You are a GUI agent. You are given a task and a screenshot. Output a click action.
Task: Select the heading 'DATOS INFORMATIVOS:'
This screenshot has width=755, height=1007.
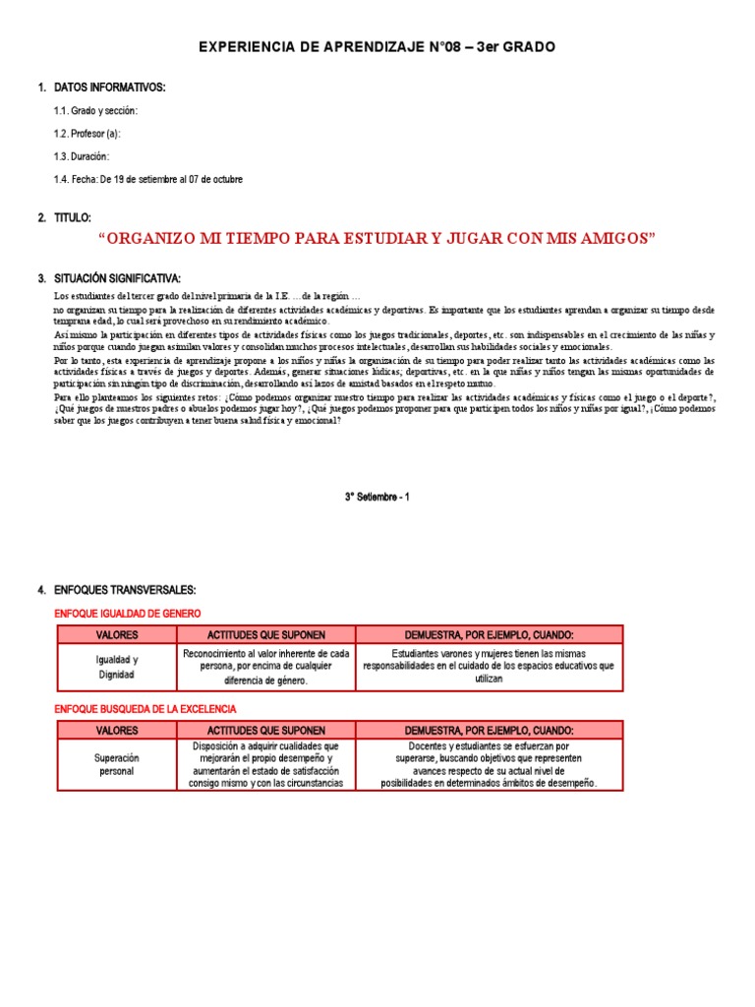109,88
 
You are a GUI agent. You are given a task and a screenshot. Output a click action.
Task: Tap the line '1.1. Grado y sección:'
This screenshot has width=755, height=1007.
95,110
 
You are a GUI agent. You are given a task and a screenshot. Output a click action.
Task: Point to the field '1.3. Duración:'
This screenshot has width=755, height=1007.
82,156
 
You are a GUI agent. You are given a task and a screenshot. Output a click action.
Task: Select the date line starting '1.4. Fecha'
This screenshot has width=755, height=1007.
147,179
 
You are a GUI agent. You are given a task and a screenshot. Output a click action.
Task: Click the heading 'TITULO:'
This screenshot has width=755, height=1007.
73,216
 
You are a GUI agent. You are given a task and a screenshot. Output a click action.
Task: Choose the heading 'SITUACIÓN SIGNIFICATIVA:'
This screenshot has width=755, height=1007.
117,278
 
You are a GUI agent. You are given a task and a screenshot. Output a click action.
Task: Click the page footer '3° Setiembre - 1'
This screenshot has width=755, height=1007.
377,497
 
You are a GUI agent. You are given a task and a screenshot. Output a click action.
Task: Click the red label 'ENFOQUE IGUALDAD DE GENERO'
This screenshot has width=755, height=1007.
127,614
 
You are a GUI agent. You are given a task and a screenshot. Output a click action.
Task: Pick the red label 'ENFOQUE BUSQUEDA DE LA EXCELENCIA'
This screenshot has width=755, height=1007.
145,708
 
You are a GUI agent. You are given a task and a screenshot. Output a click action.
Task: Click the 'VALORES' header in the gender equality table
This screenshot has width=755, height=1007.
117,634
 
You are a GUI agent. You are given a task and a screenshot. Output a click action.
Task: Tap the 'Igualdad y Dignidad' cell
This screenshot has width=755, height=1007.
117,668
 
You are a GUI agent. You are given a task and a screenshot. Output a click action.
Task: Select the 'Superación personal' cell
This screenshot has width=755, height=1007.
117,764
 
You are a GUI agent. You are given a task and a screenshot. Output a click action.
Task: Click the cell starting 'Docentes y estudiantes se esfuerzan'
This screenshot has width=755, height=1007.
489,764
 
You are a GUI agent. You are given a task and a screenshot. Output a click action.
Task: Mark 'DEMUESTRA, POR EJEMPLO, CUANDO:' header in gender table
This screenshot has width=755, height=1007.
489,634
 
